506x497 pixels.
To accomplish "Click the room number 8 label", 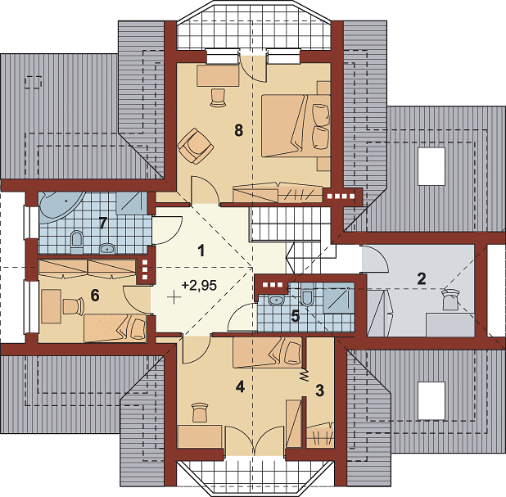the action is (x=238, y=131).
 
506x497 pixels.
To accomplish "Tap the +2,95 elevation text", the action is (x=199, y=285).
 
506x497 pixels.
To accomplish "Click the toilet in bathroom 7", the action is (x=76, y=241).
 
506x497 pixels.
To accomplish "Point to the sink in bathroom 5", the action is (x=276, y=300).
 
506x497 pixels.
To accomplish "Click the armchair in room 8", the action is (x=195, y=146).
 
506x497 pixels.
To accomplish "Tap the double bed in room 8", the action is (x=296, y=126).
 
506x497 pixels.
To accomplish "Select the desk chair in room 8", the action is (x=217, y=97).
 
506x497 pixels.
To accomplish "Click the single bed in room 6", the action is (x=115, y=328).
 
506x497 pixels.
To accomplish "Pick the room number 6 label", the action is (x=95, y=295).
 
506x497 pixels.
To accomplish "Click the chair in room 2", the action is (x=450, y=299).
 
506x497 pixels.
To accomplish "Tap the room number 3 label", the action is (x=319, y=391).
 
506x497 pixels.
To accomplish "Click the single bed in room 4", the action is (x=268, y=352).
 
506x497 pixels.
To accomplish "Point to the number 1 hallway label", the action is (x=201, y=251).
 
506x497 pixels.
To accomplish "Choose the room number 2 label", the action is (x=422, y=279).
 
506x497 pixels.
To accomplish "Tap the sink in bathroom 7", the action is (x=106, y=249).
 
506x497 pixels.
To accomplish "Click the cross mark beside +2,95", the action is (x=174, y=297).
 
